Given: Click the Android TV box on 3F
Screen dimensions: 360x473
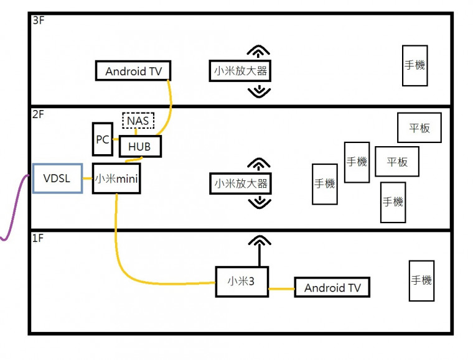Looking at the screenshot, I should click(x=133, y=70).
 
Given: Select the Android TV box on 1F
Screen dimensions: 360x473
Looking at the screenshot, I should click(x=332, y=287).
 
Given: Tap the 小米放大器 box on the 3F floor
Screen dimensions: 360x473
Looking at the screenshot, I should click(x=240, y=71).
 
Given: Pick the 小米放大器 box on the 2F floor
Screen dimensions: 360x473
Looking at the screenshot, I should click(x=240, y=183).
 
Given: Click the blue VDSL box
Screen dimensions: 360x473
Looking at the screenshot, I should click(x=57, y=178).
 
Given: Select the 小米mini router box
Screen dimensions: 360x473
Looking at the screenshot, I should click(x=116, y=178).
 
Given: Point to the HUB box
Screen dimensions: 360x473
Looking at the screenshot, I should click(x=140, y=147).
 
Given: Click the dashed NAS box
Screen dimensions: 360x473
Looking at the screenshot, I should click(x=138, y=120).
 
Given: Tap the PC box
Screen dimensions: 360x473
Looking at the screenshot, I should click(x=103, y=140).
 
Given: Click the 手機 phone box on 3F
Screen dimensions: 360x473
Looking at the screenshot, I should click(x=414, y=65).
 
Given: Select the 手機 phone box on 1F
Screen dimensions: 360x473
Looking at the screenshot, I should click(x=421, y=280).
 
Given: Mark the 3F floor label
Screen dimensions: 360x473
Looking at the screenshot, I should click(x=37, y=21).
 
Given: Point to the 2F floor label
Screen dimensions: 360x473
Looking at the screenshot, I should click(x=37, y=114).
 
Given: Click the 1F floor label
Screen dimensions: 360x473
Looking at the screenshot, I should click(x=37, y=238).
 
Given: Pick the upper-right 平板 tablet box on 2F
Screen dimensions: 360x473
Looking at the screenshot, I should click(x=419, y=127).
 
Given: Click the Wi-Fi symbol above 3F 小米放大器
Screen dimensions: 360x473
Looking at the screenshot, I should click(x=259, y=52).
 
